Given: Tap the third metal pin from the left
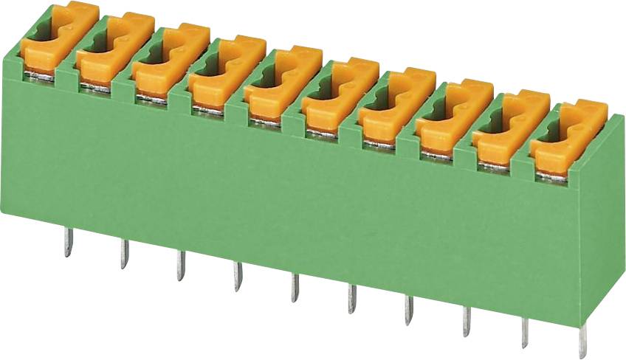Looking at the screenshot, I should [181, 265].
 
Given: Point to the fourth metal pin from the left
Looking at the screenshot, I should [238, 277].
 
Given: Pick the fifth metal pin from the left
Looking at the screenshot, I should [295, 288].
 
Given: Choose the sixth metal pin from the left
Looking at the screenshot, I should [352, 300].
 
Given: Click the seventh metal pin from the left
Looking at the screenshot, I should [409, 311].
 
